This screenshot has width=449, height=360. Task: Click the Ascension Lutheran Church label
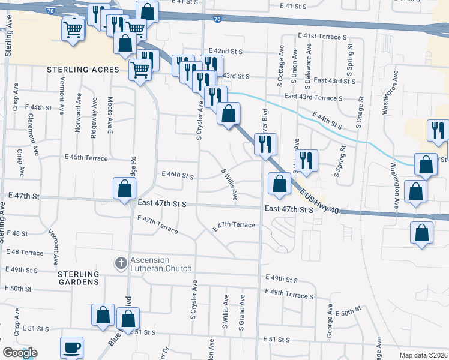click(161, 265)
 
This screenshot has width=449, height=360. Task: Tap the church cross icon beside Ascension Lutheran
click(120, 263)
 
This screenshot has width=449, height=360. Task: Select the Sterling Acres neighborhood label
click(83, 70)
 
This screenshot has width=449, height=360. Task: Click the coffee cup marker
click(72, 347)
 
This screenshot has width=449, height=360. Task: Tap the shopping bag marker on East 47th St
click(123, 188)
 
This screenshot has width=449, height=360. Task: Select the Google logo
click(20, 353)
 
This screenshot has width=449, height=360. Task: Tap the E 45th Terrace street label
click(86, 158)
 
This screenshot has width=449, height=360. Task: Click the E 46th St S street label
click(177, 176)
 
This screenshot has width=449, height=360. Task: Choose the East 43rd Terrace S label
click(313, 97)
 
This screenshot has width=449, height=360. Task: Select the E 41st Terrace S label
click(322, 37)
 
